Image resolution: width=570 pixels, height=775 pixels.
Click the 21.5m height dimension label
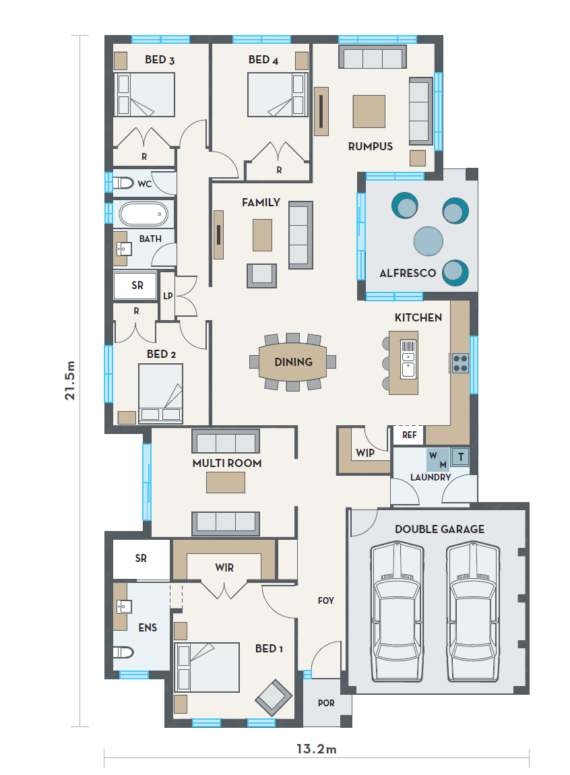(x=70, y=380)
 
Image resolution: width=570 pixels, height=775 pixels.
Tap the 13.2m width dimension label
(x=317, y=749)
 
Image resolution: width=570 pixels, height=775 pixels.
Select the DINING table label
(x=293, y=362)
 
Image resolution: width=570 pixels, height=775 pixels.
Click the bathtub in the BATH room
(x=144, y=214)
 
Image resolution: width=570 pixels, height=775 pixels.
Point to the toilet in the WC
(x=123, y=183)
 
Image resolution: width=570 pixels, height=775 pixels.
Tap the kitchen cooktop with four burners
(x=460, y=363)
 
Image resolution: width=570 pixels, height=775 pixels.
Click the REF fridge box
(x=410, y=435)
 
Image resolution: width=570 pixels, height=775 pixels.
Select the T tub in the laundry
(x=460, y=456)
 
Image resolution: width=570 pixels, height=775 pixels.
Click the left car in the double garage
(x=397, y=612)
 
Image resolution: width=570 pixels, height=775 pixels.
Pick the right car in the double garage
(x=473, y=612)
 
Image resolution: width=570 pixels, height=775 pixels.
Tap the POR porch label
(x=326, y=703)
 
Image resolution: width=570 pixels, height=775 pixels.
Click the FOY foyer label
(x=326, y=600)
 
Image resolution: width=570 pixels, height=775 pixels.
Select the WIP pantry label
(x=365, y=453)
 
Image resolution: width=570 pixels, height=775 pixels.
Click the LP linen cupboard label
(x=168, y=296)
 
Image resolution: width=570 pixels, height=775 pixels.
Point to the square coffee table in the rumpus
(x=369, y=111)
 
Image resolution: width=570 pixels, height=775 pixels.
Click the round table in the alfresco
(x=429, y=241)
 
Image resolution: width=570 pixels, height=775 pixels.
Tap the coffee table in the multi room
(x=226, y=483)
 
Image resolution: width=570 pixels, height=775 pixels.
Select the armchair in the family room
(x=262, y=276)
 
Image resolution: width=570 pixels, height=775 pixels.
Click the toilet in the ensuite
(x=123, y=652)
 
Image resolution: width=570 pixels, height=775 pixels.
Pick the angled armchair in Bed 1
(x=274, y=698)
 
